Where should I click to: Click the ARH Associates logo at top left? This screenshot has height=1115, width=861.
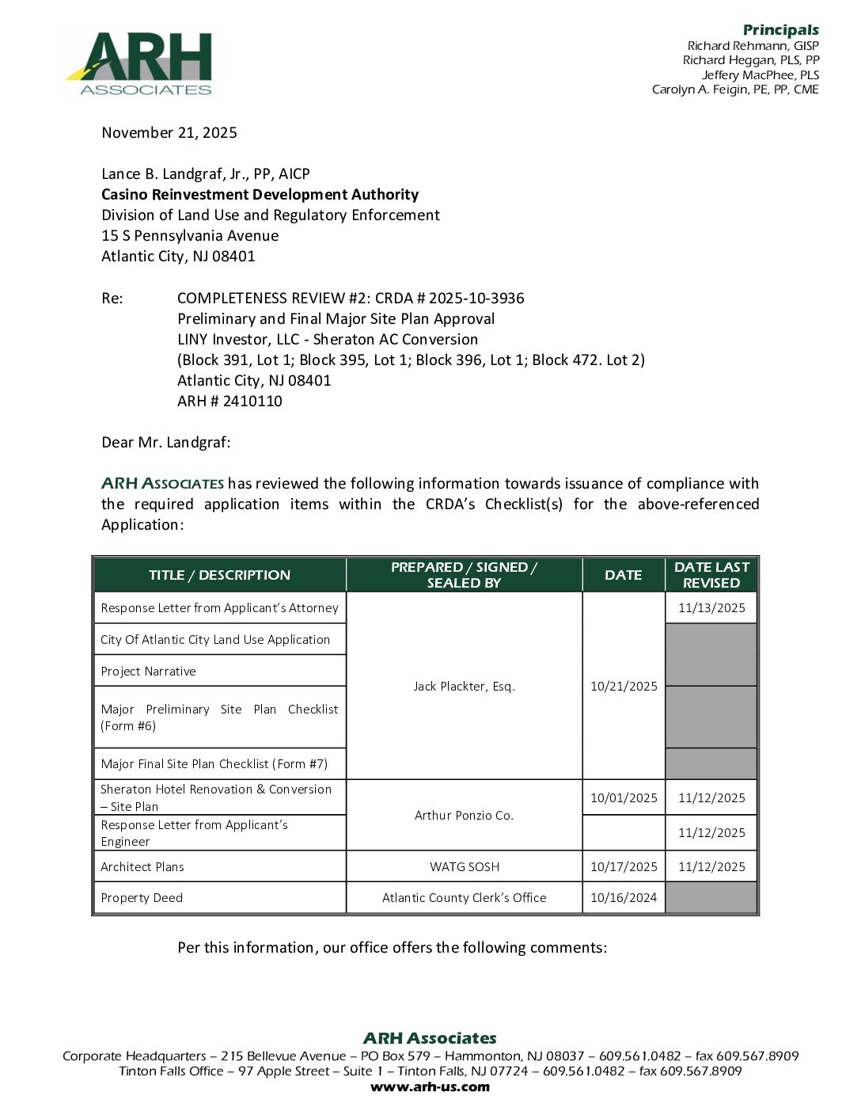(139, 63)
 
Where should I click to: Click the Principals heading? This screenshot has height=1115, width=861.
(780, 30)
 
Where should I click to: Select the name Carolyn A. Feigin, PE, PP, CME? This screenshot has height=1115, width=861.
(735, 89)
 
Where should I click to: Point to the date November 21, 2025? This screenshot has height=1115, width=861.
(169, 133)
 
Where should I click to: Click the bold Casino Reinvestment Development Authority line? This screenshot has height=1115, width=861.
(260, 195)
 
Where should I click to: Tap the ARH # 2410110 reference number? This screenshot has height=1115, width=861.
(229, 401)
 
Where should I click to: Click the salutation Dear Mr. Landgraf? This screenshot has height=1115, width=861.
(166, 442)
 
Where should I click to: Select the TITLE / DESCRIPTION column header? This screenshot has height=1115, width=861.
(219, 575)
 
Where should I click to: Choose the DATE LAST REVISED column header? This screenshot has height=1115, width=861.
(711, 575)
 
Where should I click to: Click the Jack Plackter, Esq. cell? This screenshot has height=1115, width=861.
(464, 686)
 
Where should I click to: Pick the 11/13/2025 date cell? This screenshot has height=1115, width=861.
(711, 608)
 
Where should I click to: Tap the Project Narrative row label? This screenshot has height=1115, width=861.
(148, 672)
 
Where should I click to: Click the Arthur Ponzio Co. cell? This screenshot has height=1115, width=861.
(464, 815)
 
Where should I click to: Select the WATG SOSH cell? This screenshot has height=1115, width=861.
(465, 866)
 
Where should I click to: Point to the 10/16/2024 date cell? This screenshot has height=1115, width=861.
(624, 898)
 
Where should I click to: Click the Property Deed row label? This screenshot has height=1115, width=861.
(142, 898)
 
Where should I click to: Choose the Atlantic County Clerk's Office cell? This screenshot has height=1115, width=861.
(464, 898)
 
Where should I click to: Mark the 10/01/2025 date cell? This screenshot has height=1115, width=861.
(624, 797)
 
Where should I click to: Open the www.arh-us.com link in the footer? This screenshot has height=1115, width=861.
(430, 1086)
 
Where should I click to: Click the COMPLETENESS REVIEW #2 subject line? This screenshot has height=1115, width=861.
(351, 299)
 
